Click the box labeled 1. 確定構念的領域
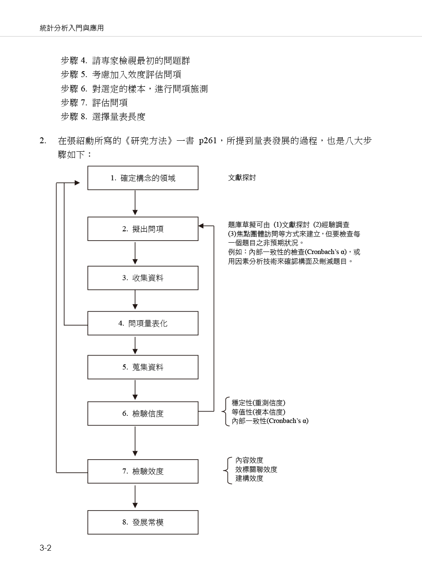[x=143, y=178]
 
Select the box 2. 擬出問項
[x=143, y=229]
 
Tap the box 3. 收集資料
[x=143, y=278]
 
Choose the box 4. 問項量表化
[x=143, y=323]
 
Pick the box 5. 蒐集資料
[x=143, y=367]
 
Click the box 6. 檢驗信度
[x=143, y=414]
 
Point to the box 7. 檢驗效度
[x=143, y=471]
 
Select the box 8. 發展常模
[x=143, y=522]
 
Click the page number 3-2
[x=46, y=548]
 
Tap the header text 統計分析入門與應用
[x=72, y=28]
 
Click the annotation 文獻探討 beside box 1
[x=242, y=178]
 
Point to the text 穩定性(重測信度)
[x=259, y=403]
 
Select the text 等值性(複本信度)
[x=259, y=412]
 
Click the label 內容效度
[x=249, y=460]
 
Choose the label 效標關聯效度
[x=256, y=469]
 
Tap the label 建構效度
[x=249, y=478]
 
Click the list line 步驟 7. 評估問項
[x=94, y=103]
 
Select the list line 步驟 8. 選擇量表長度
[x=103, y=117]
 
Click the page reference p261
[x=208, y=141]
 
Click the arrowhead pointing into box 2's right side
[x=201, y=226]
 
